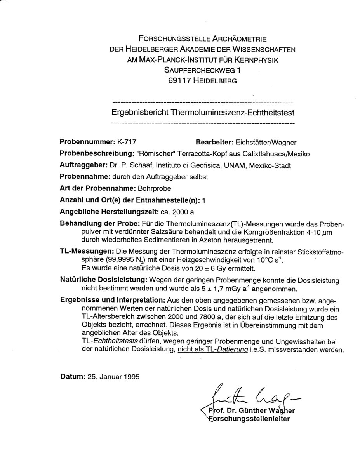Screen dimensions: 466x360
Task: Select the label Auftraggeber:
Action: tap(83, 165)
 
